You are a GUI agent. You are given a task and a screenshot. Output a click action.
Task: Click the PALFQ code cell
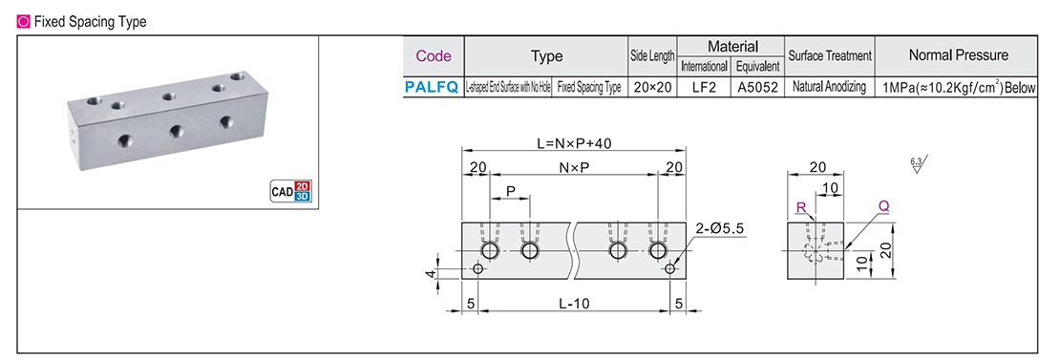point(432,87)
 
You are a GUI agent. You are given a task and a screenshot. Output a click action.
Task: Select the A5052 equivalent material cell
point(757,87)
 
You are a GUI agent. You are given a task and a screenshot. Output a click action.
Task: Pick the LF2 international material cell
point(704,87)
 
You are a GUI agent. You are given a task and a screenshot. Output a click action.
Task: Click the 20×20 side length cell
point(652,87)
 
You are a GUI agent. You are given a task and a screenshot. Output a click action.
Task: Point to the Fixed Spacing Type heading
point(90,22)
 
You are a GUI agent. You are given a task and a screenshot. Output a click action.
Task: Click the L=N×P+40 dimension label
point(573,144)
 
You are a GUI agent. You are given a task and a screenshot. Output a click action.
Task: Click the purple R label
point(799,206)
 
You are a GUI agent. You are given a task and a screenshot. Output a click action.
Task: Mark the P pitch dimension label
point(511,192)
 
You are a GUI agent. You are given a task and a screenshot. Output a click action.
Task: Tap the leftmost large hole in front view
point(490,251)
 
